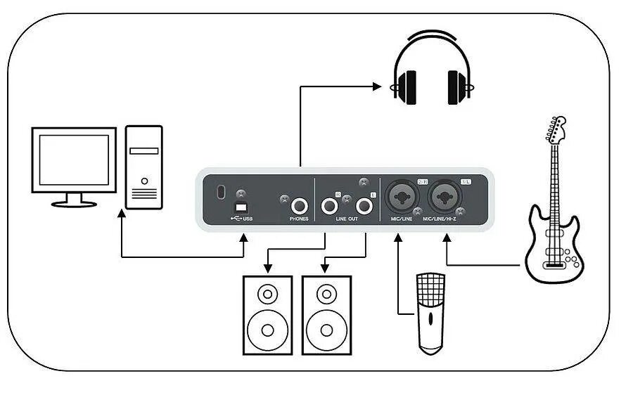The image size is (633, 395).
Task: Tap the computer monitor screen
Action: point(73,160)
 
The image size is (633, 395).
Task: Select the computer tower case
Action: point(143,167)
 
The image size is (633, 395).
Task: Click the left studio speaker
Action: point(267,314)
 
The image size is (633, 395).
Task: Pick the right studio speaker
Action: point(326,314)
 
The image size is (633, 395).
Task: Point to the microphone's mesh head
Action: point(430,289)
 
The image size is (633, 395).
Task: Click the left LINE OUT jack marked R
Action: point(328,206)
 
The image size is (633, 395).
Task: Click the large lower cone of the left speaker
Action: point(267,328)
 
